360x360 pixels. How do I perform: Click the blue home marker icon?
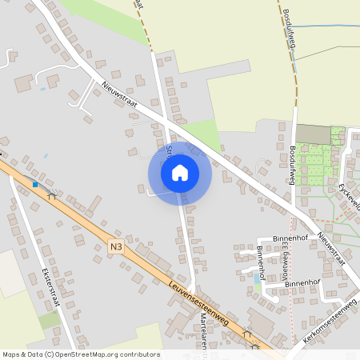179,173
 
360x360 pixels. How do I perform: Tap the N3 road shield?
116,249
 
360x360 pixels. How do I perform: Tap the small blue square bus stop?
35,184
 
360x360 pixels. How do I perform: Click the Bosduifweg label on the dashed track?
289,33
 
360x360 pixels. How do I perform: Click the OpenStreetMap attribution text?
81,354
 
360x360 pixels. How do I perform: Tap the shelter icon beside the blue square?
52,194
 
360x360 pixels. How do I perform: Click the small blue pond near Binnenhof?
257,278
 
